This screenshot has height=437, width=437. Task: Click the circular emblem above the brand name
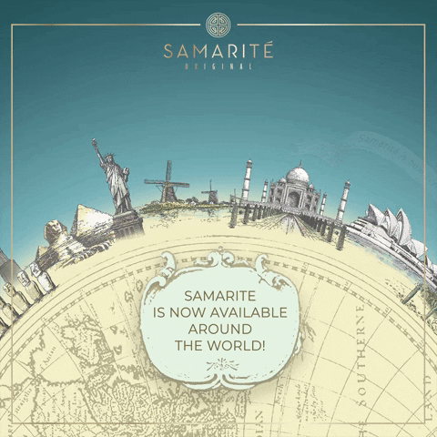click(x=218, y=23)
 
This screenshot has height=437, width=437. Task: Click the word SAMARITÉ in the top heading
click(x=218, y=49)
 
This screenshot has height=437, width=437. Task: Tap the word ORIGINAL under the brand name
click(x=218, y=66)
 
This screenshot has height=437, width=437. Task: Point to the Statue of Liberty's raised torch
click(x=96, y=144)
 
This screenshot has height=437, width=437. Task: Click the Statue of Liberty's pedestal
click(x=127, y=222)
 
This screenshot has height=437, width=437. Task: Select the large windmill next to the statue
click(x=167, y=182)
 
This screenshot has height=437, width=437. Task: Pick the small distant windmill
click(x=210, y=191)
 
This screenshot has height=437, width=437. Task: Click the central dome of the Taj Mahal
click(x=297, y=174)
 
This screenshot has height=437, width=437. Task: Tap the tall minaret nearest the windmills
click(x=246, y=181)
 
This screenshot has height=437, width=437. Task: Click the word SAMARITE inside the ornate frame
click(x=218, y=297)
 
